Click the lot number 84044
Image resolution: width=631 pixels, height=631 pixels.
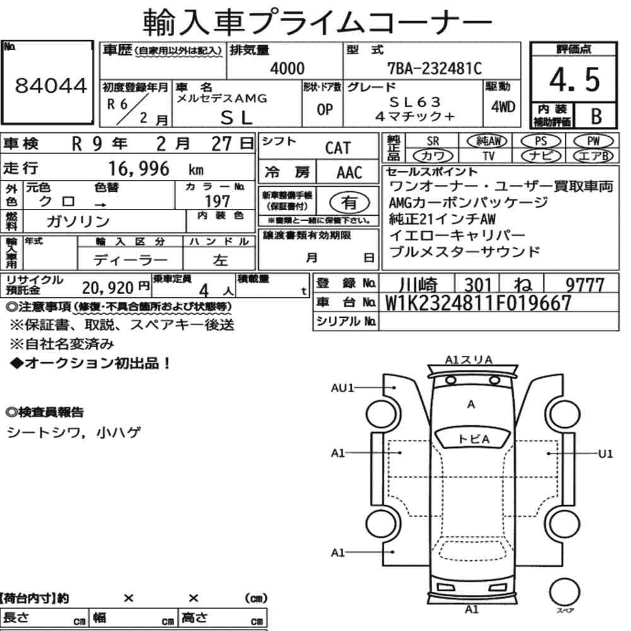coord(50,85)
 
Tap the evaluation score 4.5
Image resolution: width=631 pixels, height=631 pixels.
coord(574,80)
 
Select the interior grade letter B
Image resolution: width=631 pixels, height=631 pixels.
coord(596,116)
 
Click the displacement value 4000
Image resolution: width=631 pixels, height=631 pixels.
coord(287,68)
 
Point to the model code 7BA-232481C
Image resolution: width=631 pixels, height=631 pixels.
coord(435,68)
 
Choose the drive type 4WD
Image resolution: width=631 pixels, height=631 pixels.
coord(503,107)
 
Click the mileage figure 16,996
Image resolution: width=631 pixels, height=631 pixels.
coord(139,168)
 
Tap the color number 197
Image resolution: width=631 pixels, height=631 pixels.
coord(217,201)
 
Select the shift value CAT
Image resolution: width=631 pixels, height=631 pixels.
coord(338,148)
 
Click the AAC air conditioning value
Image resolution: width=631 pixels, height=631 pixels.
coord(350,172)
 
